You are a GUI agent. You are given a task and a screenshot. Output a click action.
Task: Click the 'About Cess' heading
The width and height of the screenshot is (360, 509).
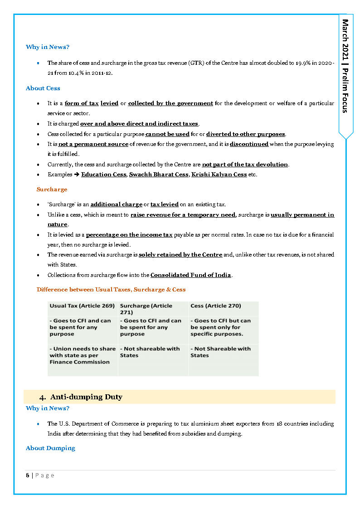pos(43,88)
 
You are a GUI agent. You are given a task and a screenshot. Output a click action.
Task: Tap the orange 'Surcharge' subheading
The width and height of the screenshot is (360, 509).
pos(52,189)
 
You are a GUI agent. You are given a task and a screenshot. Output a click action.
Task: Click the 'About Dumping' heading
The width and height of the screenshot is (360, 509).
pos(50,448)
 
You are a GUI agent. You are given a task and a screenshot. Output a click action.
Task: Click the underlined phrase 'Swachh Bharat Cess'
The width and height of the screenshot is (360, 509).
pos(158,175)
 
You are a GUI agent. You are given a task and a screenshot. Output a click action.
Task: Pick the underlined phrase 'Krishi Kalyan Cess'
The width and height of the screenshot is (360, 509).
pos(219,175)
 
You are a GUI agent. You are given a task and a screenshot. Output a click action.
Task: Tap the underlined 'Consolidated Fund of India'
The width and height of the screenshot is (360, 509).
pos(190,275)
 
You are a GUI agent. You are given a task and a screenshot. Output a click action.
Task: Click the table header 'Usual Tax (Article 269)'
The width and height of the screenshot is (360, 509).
pos(82,306)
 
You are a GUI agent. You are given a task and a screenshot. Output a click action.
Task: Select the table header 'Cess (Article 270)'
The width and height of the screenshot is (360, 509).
pos(216,306)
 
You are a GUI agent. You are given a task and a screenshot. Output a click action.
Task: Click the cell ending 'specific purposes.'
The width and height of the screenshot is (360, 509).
pos(220,327)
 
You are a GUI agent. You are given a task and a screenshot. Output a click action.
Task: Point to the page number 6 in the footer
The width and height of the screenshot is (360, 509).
pos(28,475)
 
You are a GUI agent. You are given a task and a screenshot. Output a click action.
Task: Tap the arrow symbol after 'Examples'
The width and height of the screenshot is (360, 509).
pos(77,175)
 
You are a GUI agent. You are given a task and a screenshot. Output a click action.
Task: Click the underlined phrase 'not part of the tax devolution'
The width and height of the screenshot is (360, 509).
pos(245,165)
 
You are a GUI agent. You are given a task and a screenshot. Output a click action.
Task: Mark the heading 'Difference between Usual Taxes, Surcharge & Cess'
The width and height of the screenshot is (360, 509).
pos(111,290)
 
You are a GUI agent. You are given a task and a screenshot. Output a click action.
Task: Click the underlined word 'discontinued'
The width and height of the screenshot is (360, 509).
pos(249,144)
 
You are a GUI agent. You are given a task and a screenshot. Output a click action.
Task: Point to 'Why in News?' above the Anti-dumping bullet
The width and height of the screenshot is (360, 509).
pos(48,408)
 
